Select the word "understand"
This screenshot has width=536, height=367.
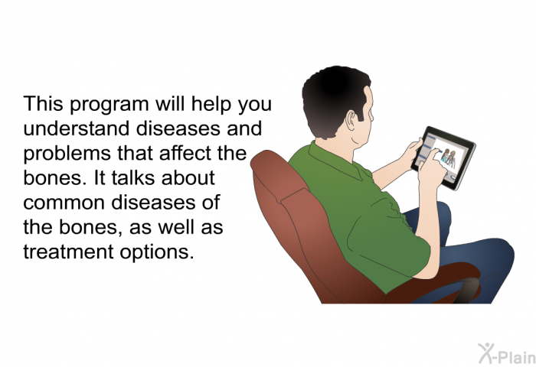[77, 128]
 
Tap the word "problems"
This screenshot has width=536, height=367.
[67, 154]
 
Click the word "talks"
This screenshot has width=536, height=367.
[134, 177]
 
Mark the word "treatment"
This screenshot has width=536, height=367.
[68, 252]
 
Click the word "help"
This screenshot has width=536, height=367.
[211, 104]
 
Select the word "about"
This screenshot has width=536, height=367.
[188, 177]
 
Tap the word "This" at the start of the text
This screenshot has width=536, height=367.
[43, 103]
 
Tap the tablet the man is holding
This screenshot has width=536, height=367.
[444, 158]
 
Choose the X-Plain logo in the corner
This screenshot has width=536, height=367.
[507, 354]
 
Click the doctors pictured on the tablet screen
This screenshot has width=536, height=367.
[449, 158]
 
